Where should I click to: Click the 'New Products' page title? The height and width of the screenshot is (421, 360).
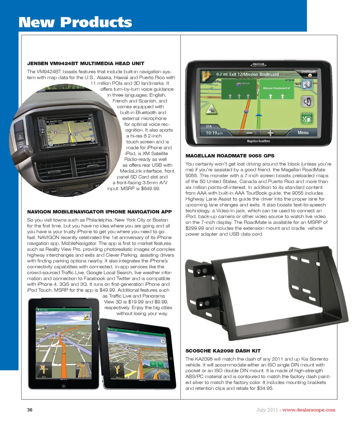tap(75, 22)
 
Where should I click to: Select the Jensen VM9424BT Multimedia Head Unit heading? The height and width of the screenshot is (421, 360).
tap(85, 64)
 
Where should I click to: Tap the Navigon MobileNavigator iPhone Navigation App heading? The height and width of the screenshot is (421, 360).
tap(99, 212)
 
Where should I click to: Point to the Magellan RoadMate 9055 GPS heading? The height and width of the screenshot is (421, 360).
tap(230, 156)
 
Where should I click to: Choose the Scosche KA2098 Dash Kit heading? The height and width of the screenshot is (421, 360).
tap(223, 351)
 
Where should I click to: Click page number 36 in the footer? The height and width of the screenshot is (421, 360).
tap(30, 410)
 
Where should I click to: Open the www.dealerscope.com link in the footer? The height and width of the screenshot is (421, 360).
tap(309, 410)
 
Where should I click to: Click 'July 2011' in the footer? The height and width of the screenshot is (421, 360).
tap(267, 410)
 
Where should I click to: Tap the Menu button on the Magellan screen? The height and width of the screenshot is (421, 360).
tap(303, 132)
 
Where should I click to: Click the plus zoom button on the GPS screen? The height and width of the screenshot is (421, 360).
tap(270, 133)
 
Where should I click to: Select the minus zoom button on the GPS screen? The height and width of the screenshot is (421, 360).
tap(249, 133)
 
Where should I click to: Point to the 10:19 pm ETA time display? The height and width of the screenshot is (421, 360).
tap(214, 133)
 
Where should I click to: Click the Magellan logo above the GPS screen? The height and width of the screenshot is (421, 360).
tap(258, 65)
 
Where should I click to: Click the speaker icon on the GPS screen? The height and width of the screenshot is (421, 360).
tap(307, 102)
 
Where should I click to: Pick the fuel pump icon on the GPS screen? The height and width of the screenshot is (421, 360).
tap(307, 119)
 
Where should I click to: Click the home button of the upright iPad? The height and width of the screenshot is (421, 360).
tap(64, 386)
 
